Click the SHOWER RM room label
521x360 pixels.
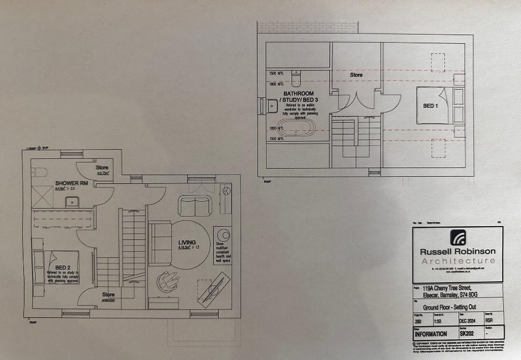point(70,183)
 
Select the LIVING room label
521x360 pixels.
point(187,242)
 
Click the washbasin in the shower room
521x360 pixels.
point(72,202)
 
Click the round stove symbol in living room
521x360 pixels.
point(223,236)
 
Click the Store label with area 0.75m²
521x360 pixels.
point(102,168)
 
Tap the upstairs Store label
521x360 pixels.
point(356,75)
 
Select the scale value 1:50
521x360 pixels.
point(438,322)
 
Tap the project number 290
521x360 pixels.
point(417,322)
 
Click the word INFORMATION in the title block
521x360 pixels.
point(430,334)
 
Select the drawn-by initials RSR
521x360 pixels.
point(489,321)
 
